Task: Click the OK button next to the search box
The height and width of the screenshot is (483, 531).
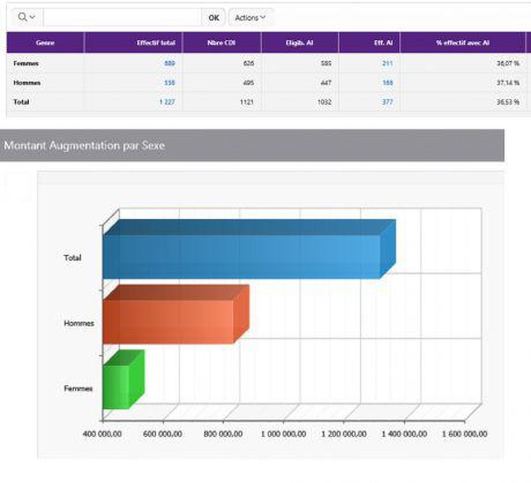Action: (x=213, y=18)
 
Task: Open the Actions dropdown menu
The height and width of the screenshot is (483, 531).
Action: (x=250, y=18)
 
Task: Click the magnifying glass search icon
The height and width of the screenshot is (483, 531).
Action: (x=23, y=17)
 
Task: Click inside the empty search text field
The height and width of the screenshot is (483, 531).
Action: (x=122, y=18)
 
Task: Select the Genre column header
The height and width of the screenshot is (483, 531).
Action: (x=45, y=43)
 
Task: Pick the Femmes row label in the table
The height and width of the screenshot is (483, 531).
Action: (x=25, y=64)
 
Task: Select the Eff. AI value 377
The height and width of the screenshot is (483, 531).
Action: (x=387, y=102)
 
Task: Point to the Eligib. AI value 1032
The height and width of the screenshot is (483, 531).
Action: (x=324, y=102)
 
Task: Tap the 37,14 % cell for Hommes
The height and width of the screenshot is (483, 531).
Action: (x=508, y=83)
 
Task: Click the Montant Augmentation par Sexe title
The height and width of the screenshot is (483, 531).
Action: (x=84, y=145)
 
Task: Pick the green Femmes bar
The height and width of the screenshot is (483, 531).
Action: (x=116, y=386)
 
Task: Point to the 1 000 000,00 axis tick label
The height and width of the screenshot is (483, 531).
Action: (x=283, y=434)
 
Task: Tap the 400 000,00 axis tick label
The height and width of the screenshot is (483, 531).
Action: (x=102, y=434)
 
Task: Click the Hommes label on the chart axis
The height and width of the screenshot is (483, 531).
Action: (x=79, y=323)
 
